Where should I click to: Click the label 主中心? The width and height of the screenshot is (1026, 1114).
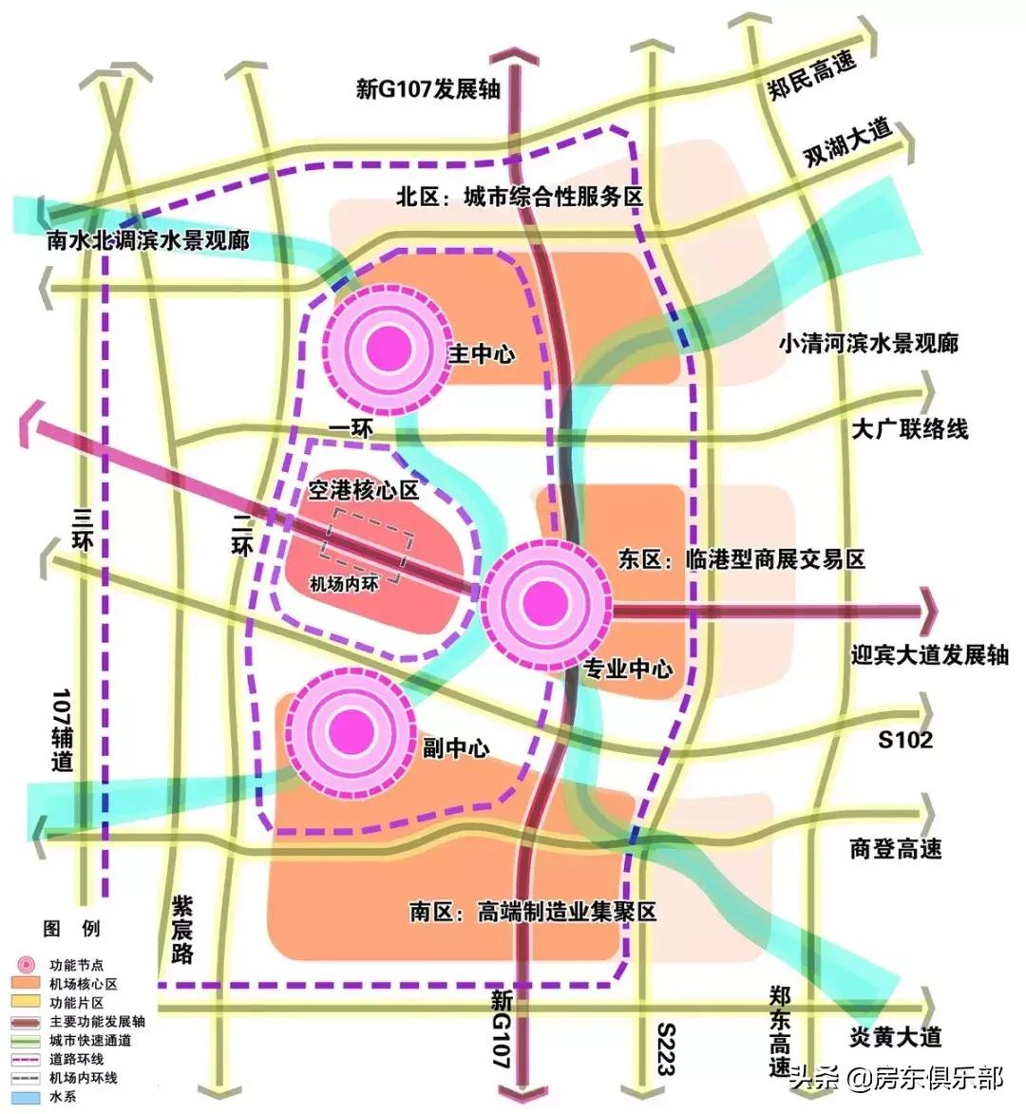482,354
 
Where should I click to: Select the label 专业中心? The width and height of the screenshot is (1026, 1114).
627,669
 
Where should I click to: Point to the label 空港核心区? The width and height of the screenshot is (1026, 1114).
364,490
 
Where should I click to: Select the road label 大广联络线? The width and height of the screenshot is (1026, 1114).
909,429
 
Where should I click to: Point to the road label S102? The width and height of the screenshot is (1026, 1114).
904,738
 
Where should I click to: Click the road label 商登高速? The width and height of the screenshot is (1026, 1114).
895,848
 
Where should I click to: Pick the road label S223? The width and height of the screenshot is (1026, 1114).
664,1048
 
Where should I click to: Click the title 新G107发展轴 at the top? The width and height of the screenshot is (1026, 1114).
427,89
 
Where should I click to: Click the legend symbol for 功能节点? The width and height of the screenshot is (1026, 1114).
28,964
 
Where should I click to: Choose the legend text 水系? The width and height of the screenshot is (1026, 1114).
64,1097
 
